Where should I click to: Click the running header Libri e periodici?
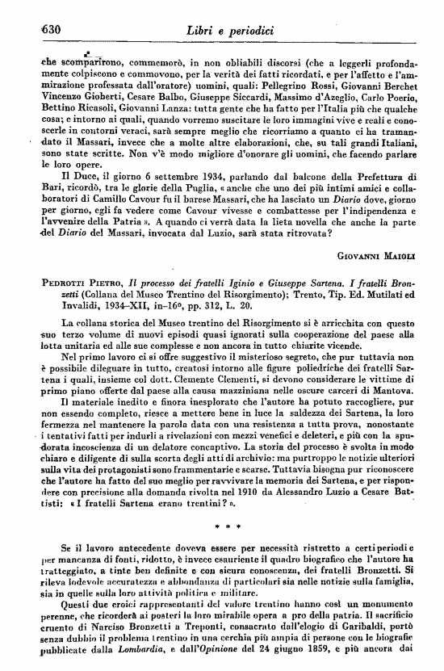(230, 30)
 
